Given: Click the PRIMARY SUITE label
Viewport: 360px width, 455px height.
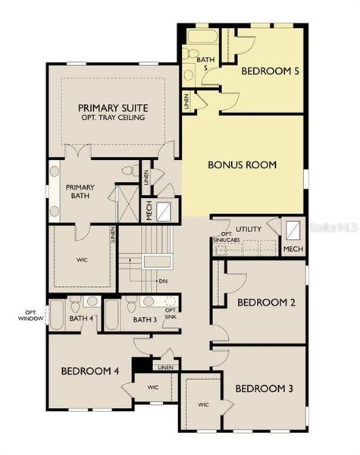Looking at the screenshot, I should tap(114, 108).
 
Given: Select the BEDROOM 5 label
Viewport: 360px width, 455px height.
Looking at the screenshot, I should tap(270, 71).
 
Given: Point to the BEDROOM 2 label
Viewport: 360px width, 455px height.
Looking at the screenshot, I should tap(266, 302).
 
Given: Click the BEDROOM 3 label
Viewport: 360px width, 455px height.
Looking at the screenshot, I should tap(264, 388).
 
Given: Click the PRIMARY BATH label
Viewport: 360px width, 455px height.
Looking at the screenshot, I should tap(80, 191).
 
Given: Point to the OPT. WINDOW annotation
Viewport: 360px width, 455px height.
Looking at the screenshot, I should tap(30, 315).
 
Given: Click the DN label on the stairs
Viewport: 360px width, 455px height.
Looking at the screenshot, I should tap(163, 281).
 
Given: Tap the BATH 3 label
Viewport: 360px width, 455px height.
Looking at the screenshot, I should tap(144, 319).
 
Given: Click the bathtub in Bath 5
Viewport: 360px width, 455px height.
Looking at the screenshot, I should tap(202, 36).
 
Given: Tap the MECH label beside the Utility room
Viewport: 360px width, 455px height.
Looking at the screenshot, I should tap(293, 248).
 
